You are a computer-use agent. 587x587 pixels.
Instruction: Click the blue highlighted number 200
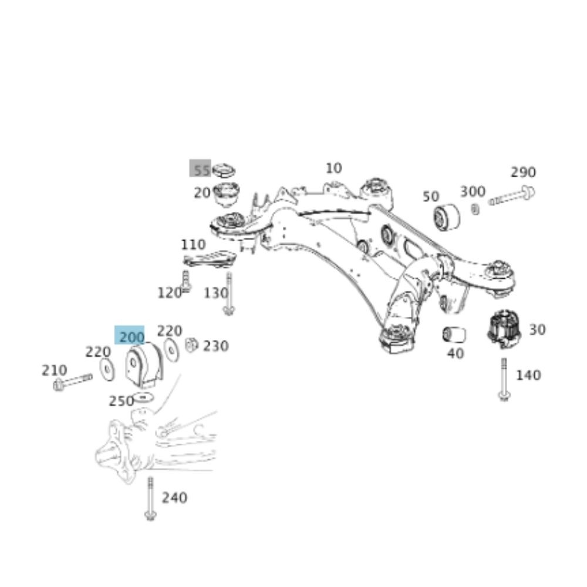click(130, 336)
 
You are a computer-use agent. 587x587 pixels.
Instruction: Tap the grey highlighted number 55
click(200, 170)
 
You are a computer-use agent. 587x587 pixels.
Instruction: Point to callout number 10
click(333, 168)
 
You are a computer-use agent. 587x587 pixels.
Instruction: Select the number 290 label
click(522, 172)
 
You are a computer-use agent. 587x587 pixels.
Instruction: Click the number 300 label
click(472, 191)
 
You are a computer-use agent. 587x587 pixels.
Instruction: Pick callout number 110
click(193, 244)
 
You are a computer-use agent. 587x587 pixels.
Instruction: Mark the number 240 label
click(174, 498)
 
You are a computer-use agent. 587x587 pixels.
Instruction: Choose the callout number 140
click(528, 375)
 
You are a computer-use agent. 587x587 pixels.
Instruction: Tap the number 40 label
click(455, 353)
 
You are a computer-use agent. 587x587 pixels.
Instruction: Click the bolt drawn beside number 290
click(512, 196)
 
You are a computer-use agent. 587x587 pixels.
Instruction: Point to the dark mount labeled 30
click(504, 329)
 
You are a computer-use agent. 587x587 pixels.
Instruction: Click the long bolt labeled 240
click(150, 498)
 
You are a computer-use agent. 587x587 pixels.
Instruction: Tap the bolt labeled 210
click(72, 382)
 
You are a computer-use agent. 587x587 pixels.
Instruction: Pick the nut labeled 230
click(191, 345)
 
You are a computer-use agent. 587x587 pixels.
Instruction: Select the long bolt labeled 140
click(503, 379)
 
